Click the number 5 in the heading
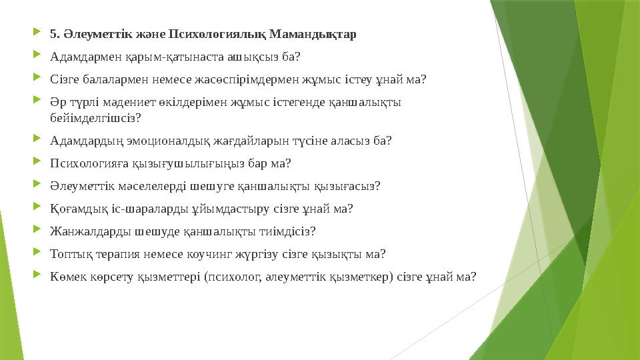[53, 34]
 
